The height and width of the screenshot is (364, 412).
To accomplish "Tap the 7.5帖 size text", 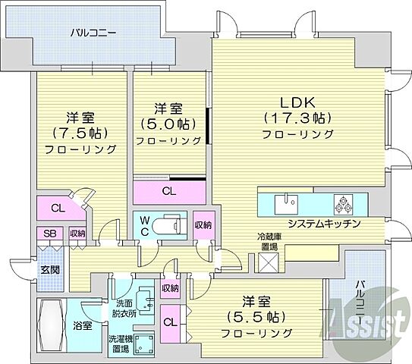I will (79, 133).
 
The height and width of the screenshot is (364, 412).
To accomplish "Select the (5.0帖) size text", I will (168, 124).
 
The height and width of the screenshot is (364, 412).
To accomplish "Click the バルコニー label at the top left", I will (93, 33).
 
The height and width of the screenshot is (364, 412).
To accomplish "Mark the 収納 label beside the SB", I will (77, 234).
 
